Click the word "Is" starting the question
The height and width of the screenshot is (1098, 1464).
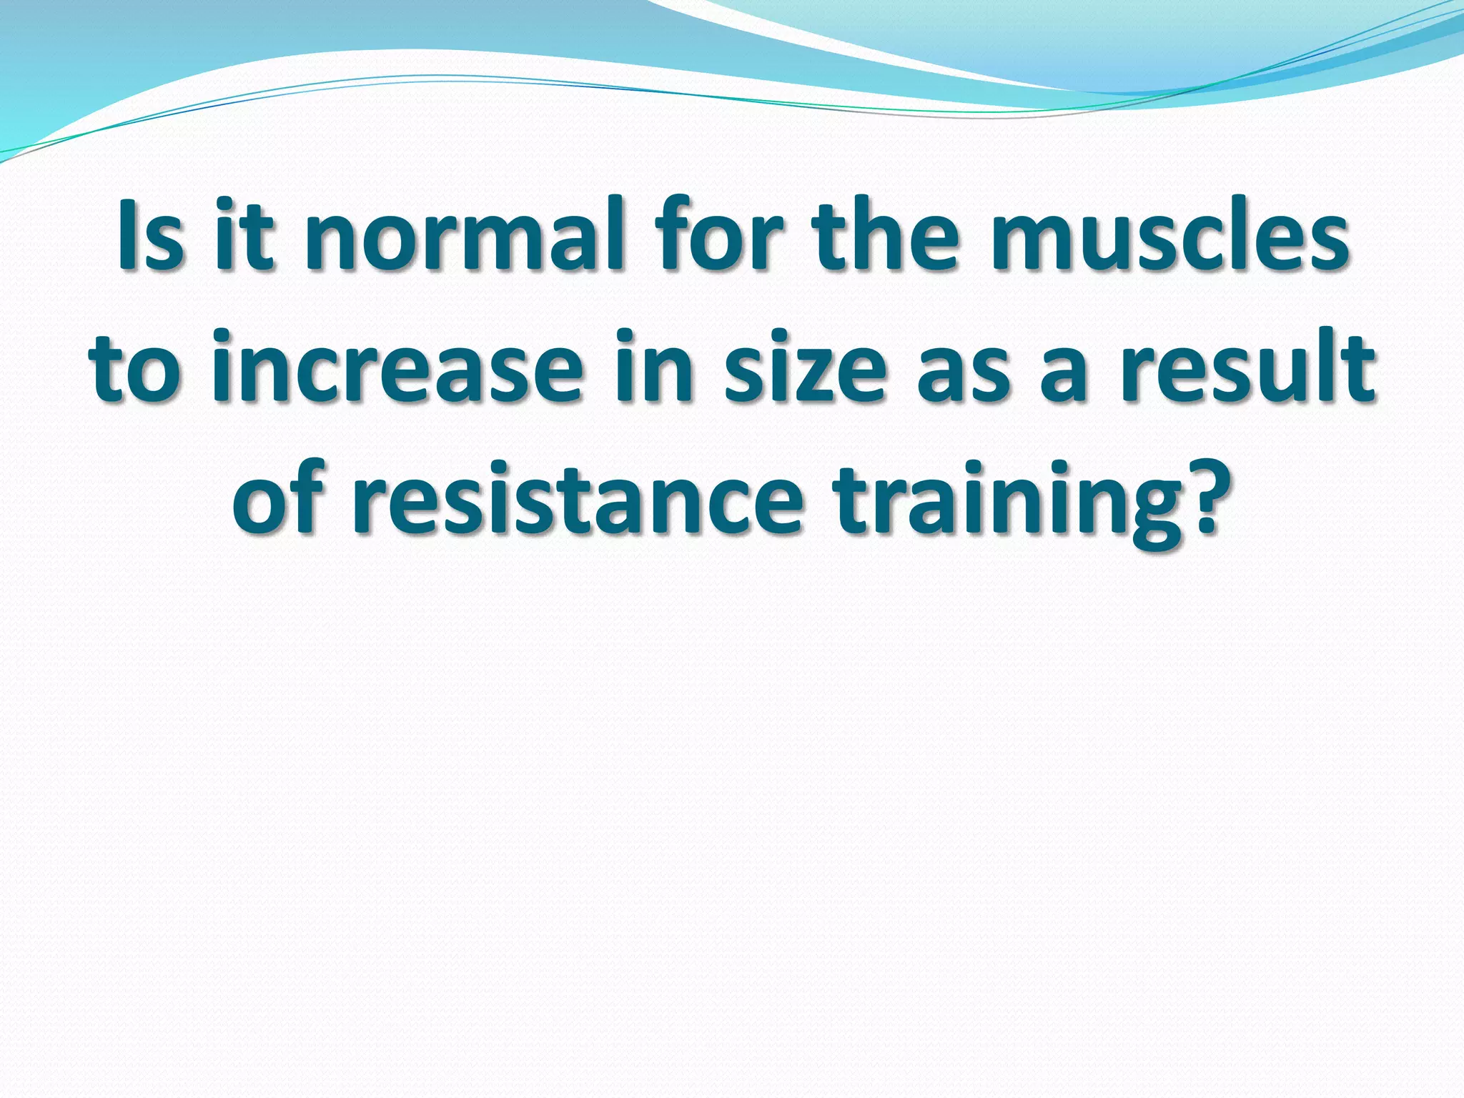click(149, 235)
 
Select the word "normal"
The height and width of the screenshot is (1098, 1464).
click(464, 235)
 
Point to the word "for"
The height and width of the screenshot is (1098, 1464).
click(722, 235)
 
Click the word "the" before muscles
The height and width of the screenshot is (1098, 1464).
click(891, 235)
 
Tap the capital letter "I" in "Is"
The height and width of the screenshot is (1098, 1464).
click(129, 235)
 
